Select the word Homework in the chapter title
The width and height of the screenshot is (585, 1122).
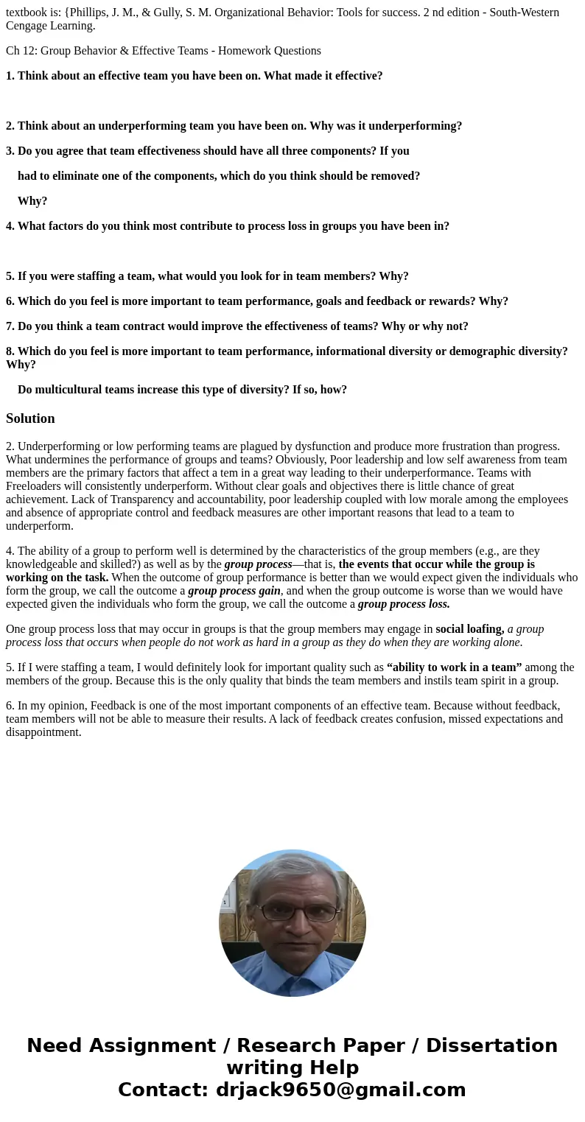pos(243,51)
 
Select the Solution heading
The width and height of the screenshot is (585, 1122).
pos(30,418)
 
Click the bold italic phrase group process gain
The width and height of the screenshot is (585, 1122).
pos(234,591)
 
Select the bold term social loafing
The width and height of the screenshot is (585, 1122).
pos(470,629)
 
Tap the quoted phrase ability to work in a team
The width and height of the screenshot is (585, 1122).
pos(454,667)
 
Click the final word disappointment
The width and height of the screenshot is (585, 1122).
pos(43,732)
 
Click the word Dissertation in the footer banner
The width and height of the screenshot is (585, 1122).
pos(491,1046)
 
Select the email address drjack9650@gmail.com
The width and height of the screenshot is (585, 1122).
pos(340,1090)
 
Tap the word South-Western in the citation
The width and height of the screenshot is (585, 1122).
pos(525,13)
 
